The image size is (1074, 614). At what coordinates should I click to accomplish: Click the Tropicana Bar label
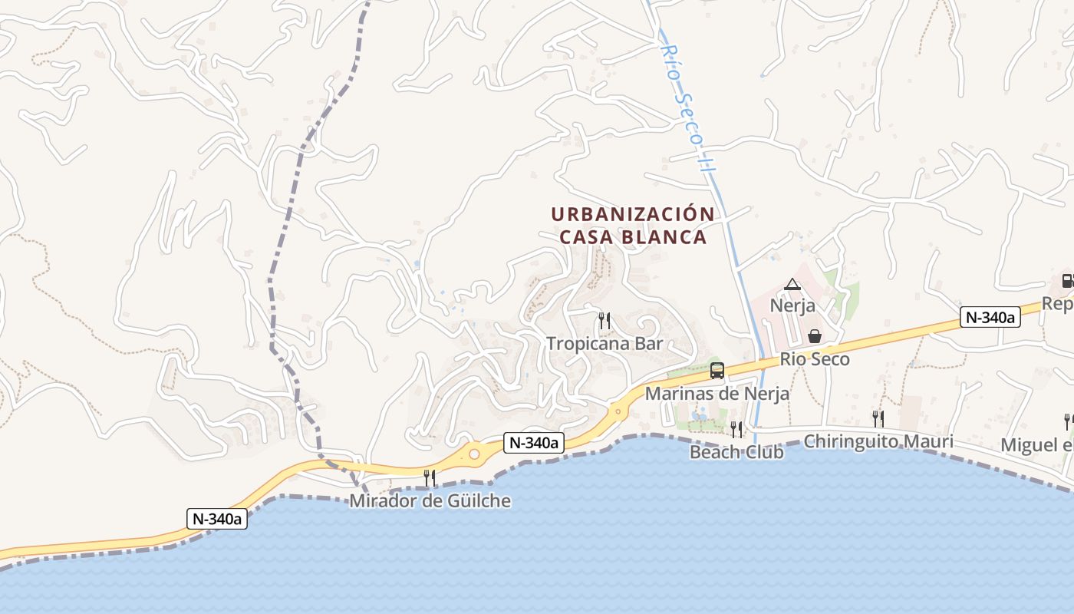(x=604, y=343)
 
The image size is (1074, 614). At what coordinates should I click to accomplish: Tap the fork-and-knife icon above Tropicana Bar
(x=605, y=321)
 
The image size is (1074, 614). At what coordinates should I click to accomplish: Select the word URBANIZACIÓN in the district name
(x=632, y=214)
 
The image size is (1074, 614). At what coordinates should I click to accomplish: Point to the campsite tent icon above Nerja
(x=792, y=285)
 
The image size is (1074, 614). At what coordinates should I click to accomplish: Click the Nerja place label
(x=792, y=305)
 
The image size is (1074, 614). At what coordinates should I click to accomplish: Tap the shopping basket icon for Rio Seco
(x=815, y=336)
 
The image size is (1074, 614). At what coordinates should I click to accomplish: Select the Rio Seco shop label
(x=815, y=358)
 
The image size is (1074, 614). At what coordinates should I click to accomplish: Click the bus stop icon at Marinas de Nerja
(x=717, y=371)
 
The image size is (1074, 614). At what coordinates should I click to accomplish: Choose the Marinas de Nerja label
(x=717, y=394)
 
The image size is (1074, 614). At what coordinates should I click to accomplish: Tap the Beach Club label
(x=736, y=452)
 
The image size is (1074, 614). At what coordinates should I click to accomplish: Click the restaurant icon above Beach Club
(x=736, y=429)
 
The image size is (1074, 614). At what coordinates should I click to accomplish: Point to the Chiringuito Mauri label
(x=878, y=441)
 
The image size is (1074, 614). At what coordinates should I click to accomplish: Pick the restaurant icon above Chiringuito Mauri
(x=878, y=418)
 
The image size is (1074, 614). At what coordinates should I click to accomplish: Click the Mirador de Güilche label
(x=430, y=501)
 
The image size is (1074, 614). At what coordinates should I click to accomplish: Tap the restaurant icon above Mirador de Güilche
(x=430, y=478)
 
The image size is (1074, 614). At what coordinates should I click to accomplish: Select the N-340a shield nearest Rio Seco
(x=990, y=317)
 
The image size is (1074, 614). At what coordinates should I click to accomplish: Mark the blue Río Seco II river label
(x=686, y=107)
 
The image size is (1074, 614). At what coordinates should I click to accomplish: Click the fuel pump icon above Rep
(x=1067, y=280)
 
